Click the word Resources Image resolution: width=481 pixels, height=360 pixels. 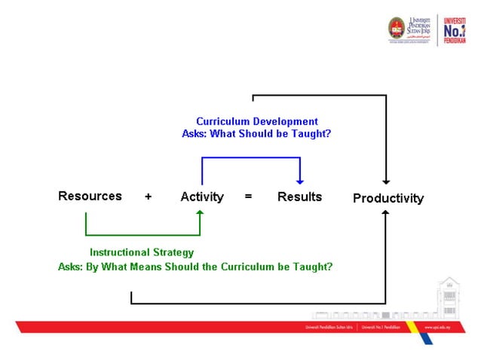click(x=90, y=196)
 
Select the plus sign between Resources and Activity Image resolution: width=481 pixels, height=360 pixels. click(x=149, y=197)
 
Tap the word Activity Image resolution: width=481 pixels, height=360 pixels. click(x=202, y=197)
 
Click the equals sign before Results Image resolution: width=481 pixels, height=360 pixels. click(x=248, y=197)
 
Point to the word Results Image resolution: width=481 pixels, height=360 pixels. click(x=299, y=197)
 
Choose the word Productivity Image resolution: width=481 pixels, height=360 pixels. click(x=388, y=199)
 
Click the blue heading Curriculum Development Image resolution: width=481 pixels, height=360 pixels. click(x=257, y=121)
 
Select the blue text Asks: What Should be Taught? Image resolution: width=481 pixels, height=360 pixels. click(x=257, y=133)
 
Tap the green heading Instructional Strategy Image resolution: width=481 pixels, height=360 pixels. click(x=142, y=252)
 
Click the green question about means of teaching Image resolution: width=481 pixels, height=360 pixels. click(x=195, y=267)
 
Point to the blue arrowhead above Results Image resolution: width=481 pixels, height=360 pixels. click(x=300, y=181)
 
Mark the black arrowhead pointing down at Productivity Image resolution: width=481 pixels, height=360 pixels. click(x=386, y=181)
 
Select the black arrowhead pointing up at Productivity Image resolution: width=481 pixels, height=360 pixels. click(x=386, y=215)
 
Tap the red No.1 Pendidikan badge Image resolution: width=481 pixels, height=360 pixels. click(x=455, y=30)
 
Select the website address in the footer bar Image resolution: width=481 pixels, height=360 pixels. click(x=438, y=328)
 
